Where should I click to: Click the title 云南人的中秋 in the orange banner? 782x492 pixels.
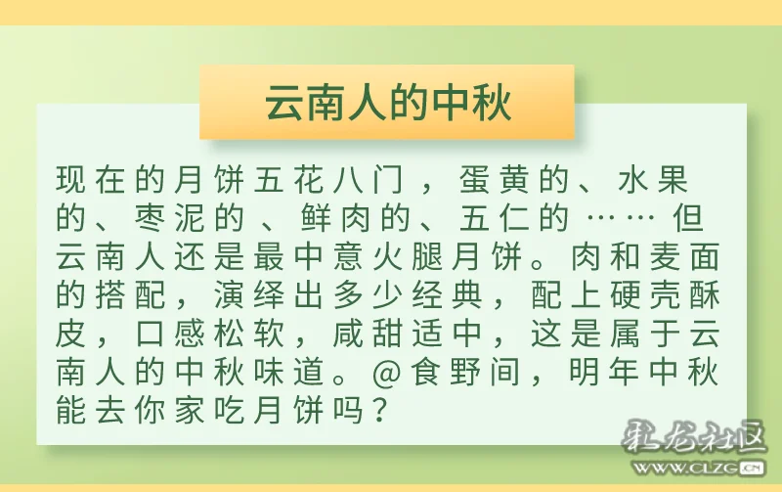tap(388, 103)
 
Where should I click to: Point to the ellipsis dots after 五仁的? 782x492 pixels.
tap(620, 218)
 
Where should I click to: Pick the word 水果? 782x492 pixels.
tap(652, 180)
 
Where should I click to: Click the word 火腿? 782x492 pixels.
tap(408, 257)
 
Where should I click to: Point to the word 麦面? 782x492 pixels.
tap(685, 257)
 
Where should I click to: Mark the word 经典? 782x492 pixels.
tap(448, 295)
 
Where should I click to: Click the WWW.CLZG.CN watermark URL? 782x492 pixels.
tap(698, 468)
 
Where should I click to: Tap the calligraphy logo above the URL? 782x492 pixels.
tap(694, 437)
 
